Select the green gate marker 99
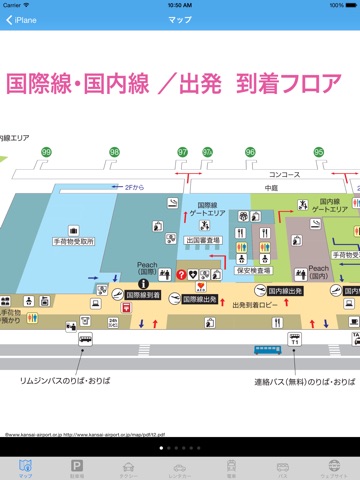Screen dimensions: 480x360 tap(46, 151)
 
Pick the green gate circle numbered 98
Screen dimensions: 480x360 tap(114, 151)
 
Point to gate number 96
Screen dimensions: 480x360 tap(250, 151)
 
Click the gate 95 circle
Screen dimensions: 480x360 tap(319, 151)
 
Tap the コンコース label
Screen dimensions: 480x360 tap(297, 172)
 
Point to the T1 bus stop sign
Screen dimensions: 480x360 tap(294, 340)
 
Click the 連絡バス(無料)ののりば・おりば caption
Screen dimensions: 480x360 tap(287, 382)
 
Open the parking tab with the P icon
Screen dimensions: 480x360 tap(77, 467)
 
